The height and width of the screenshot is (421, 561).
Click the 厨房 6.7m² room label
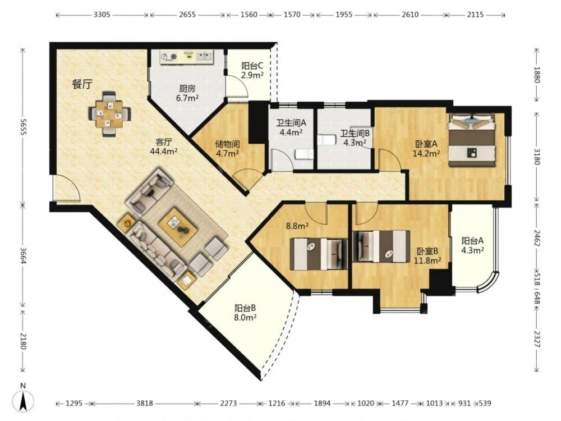coord(187,93)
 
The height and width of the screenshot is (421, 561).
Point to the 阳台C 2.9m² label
coord(252,70)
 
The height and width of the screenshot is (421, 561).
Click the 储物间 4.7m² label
coord(228,149)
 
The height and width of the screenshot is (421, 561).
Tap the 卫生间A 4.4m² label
coord(291,127)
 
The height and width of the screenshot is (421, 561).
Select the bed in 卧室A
coord(472,139)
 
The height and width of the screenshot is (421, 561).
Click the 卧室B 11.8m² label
coord(427,255)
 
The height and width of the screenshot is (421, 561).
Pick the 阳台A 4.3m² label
coord(472,245)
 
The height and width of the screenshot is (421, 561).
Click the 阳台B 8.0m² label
coord(245,313)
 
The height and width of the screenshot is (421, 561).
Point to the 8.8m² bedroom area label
coord(297,226)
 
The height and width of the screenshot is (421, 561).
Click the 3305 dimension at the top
coord(102,15)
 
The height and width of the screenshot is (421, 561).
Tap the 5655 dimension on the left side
coord(23,127)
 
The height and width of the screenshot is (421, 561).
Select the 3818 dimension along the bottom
coord(145,404)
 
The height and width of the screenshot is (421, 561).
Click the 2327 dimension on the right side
coord(537,339)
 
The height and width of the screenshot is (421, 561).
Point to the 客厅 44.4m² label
coord(164,146)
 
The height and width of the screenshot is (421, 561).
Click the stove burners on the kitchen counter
coord(169,57)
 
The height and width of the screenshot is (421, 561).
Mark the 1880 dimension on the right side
coord(537,75)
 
